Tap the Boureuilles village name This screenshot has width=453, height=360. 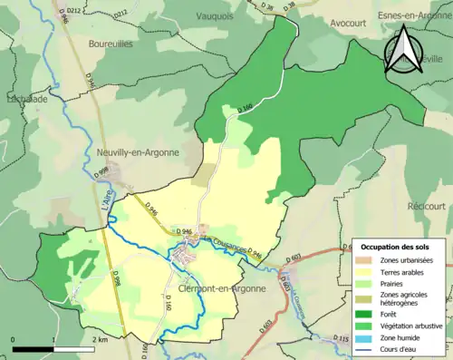point(111,42)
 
